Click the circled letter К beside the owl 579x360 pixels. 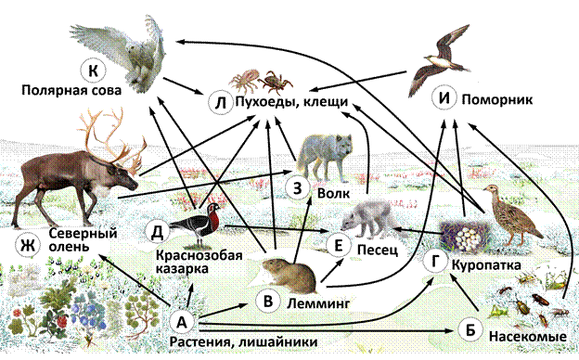(x=93, y=71)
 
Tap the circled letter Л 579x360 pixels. (x=221, y=102)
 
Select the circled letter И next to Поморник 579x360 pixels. (x=444, y=98)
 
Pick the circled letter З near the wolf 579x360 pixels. (x=298, y=188)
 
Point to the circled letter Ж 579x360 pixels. (x=28, y=245)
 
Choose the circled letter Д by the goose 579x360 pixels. (x=158, y=232)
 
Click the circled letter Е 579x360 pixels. (x=339, y=245)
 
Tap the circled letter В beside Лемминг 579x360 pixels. (x=268, y=301)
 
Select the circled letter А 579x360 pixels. (x=182, y=322)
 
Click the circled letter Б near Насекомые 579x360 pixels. (x=470, y=329)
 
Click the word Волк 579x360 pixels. (x=333, y=193)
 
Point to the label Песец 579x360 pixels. (x=378, y=250)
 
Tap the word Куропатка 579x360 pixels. (x=487, y=264)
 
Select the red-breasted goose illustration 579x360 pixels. (x=197, y=224)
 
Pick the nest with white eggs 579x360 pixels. (x=465, y=235)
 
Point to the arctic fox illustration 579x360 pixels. (x=369, y=219)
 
